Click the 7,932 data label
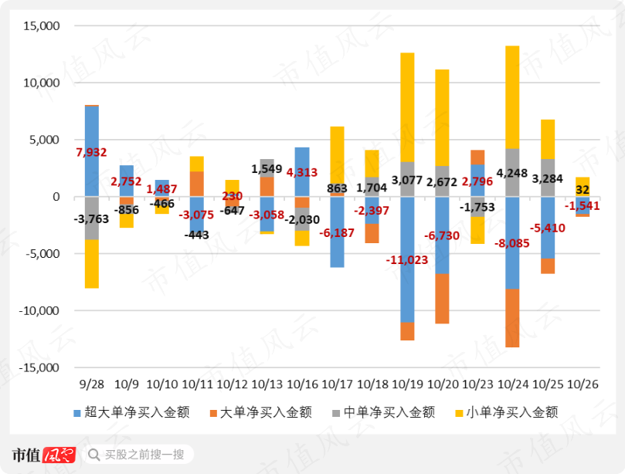91,153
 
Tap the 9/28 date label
91,384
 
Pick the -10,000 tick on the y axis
39,311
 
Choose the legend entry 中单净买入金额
381,412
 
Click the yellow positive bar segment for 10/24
512,96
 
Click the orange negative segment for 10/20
442,299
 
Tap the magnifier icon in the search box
94,455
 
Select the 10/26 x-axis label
583,384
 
